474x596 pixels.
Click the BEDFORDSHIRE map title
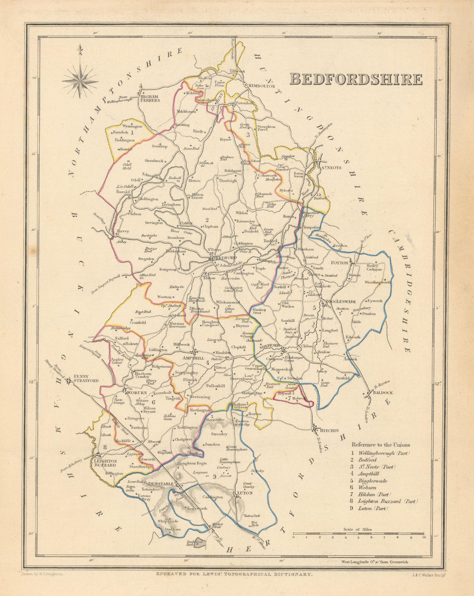[355, 79]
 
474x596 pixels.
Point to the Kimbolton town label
[260, 86]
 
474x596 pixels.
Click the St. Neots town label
[332, 167]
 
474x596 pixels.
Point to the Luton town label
[245, 493]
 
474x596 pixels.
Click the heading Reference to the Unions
[381, 445]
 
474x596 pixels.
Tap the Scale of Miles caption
[358, 529]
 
